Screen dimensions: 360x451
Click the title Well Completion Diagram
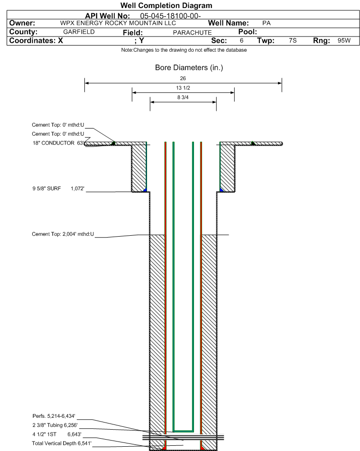166,6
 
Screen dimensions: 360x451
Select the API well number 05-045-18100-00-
170,16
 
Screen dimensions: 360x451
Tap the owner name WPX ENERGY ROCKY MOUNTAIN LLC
118,23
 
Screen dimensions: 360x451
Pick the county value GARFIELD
79,32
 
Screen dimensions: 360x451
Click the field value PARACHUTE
192,33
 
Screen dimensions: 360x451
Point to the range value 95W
344,40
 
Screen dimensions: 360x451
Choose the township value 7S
293,40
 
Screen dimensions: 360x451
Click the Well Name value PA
267,23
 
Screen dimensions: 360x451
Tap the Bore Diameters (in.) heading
189,68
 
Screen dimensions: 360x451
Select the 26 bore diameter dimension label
183,78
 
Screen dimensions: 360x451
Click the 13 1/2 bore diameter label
183,88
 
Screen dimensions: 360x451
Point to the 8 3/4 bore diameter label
183,97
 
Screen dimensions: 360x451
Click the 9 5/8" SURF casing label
46,188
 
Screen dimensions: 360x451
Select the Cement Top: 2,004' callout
63,234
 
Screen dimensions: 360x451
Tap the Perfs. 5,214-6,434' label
54,416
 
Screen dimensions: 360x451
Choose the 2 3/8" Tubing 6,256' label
55,425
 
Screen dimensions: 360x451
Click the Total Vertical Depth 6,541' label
62,443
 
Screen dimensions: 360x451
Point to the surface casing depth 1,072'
77,188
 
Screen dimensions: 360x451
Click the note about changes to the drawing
184,50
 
